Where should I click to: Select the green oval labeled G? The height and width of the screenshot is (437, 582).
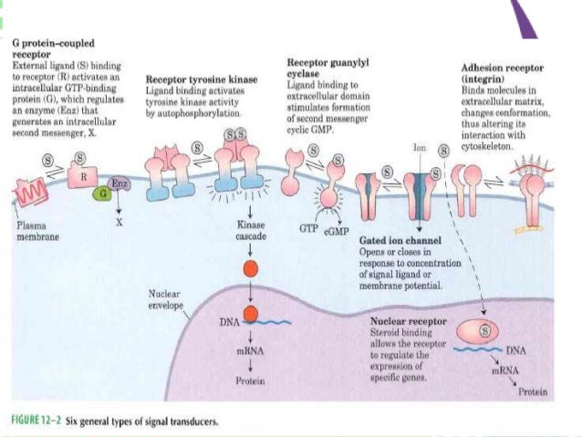104,193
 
